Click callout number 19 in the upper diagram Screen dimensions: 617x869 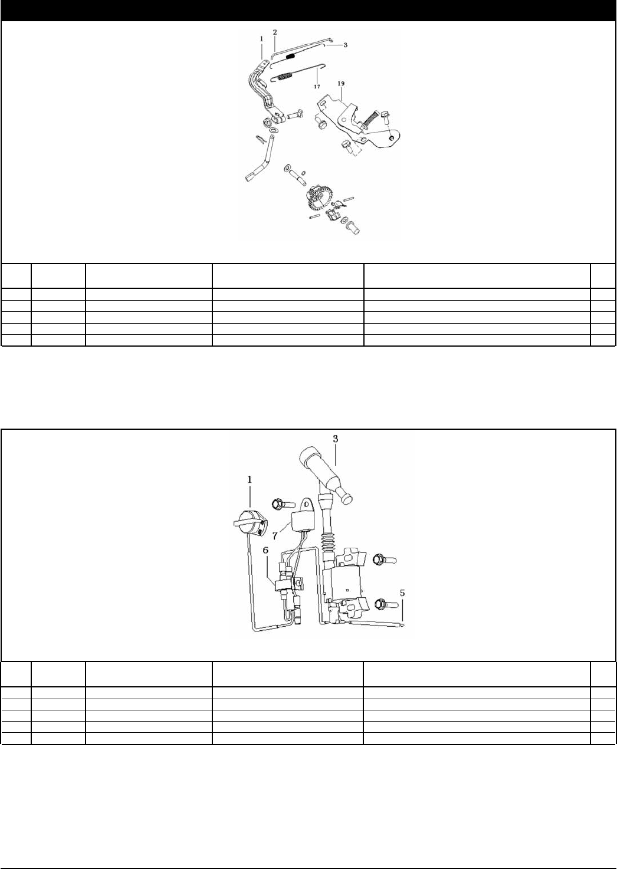tap(341, 84)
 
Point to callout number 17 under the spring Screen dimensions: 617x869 tap(317, 86)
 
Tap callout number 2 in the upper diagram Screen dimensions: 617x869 tap(274, 31)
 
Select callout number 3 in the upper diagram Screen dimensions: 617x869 tap(346, 45)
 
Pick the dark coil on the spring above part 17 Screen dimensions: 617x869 tap(290, 56)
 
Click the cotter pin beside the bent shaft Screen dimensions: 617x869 tap(261, 139)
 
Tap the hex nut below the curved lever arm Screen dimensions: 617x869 tap(266, 123)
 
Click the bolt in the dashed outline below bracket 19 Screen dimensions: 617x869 tap(346, 145)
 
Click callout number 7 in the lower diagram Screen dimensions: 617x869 tap(274, 538)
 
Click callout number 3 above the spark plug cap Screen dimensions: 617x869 tap(335, 439)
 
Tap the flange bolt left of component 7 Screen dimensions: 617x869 tap(280, 504)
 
